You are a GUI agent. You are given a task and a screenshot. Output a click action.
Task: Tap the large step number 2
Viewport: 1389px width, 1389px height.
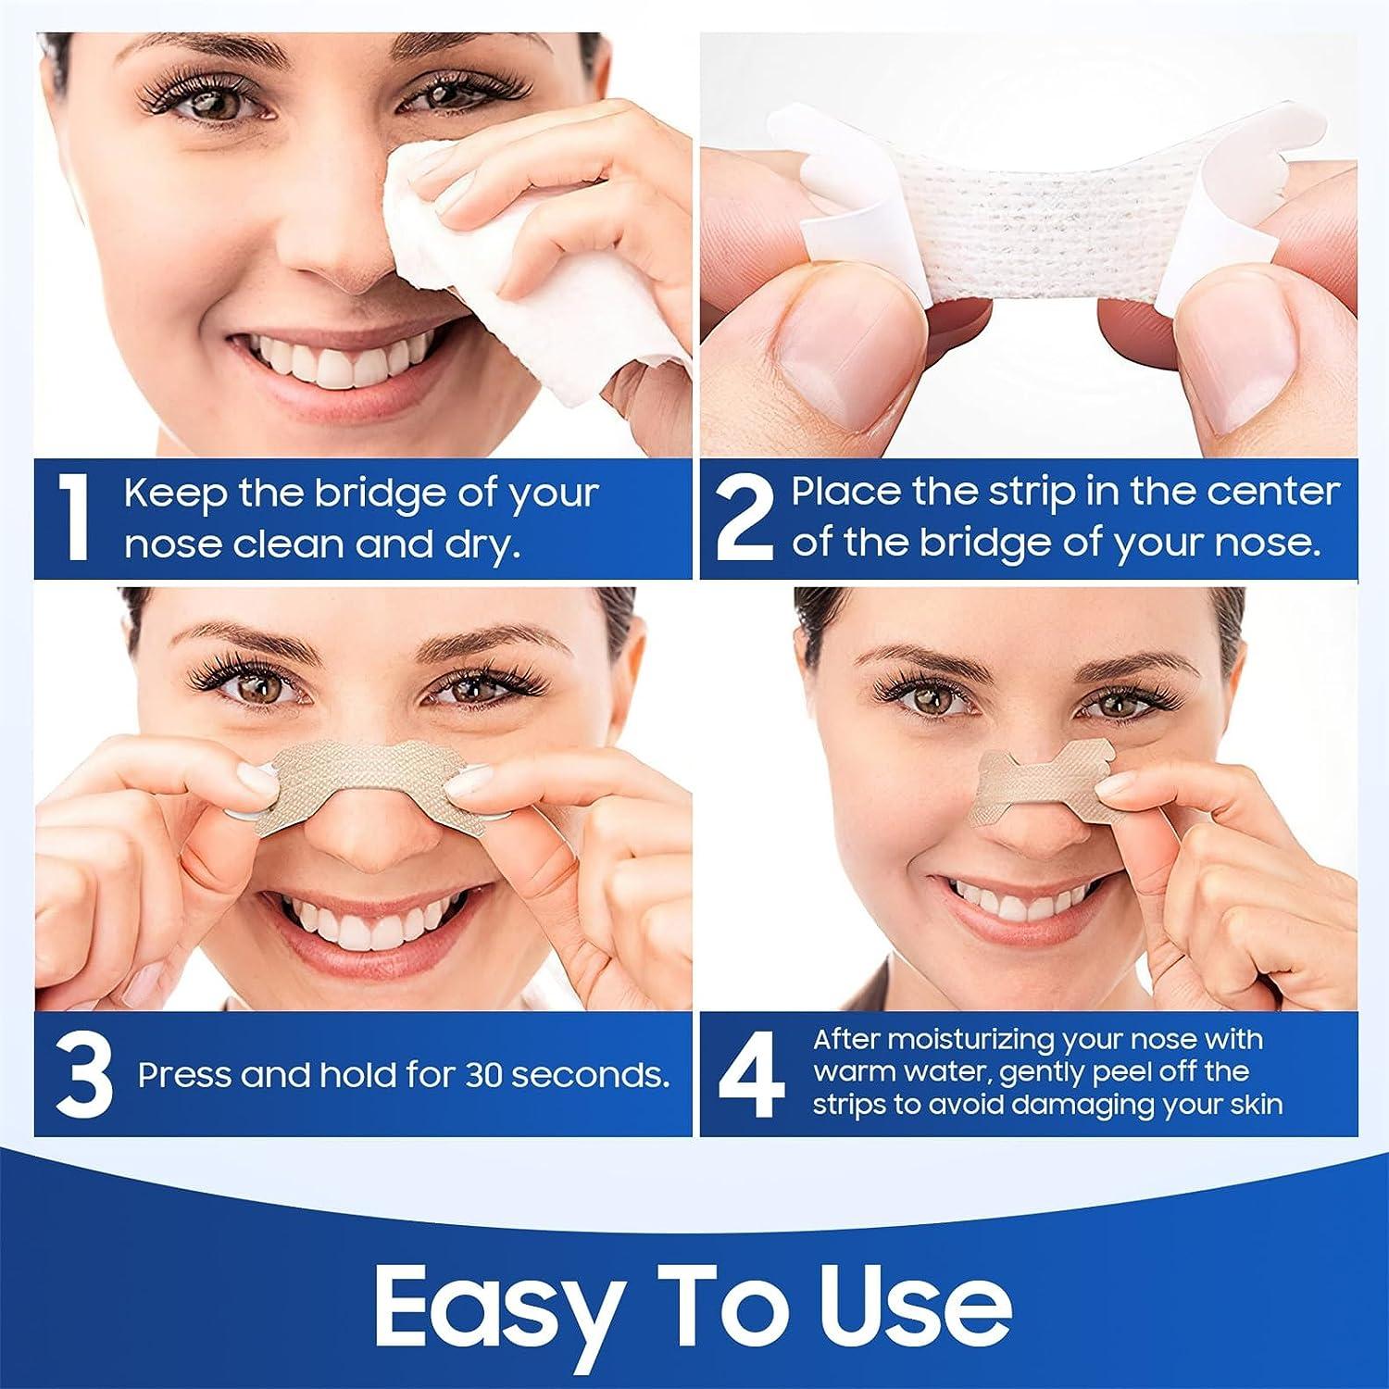(745, 519)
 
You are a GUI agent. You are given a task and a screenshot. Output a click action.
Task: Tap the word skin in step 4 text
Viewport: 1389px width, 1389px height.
(1254, 1105)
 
